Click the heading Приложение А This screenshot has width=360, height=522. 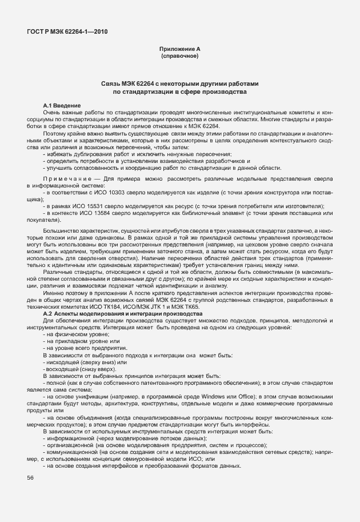(180, 50)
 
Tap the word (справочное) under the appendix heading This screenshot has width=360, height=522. (180, 57)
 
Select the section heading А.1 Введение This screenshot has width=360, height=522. (62, 106)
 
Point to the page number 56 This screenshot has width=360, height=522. (29, 477)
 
